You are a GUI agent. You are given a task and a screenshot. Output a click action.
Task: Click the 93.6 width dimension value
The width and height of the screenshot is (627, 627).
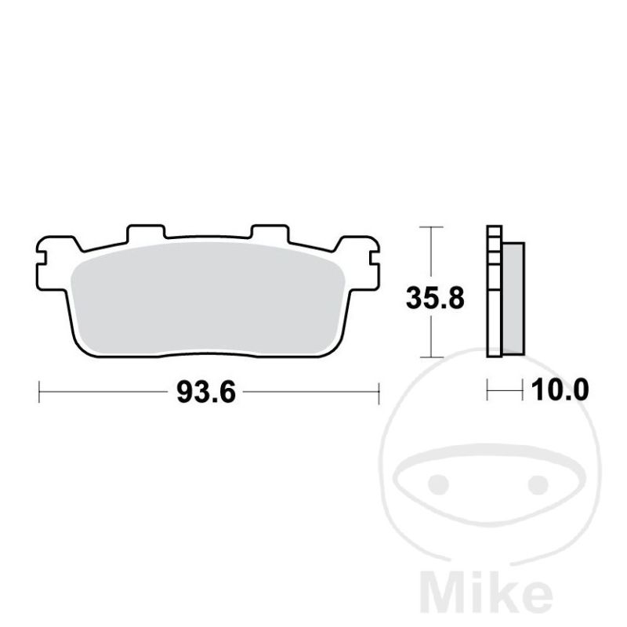(206, 393)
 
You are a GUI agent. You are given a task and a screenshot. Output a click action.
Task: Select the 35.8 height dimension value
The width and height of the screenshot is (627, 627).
(435, 299)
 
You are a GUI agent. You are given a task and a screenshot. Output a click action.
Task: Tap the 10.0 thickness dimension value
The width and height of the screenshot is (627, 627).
(560, 390)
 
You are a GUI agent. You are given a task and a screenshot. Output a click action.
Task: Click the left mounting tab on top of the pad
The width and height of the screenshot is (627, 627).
(146, 233)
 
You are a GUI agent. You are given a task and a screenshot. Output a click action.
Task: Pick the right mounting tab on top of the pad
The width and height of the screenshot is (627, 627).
(270, 233)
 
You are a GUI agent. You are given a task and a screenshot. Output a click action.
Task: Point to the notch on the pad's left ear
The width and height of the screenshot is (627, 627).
(42, 259)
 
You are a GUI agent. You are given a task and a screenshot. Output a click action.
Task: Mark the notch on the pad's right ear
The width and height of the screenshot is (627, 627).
(375, 258)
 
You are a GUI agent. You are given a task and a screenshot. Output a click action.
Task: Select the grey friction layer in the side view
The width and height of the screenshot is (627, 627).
(513, 299)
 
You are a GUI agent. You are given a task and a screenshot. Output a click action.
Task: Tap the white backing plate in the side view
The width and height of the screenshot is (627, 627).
(495, 291)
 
